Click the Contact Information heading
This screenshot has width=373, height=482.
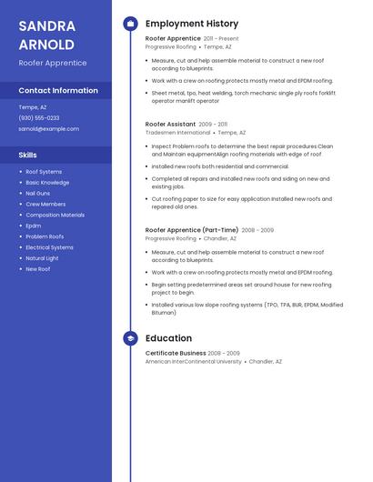[x=58, y=90]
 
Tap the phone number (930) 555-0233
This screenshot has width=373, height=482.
[x=39, y=117]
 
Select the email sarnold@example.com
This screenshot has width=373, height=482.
[x=48, y=128]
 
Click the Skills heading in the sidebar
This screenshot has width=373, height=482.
[x=28, y=155]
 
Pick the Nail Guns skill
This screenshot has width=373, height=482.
[x=37, y=193]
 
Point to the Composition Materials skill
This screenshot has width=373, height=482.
[x=55, y=215]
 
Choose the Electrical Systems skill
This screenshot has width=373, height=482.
[x=49, y=247]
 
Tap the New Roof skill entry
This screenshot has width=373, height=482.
[x=37, y=269]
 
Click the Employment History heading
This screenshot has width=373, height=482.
[x=192, y=24]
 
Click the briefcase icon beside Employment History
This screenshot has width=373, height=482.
[x=130, y=24]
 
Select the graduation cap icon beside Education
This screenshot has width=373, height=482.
[x=130, y=338]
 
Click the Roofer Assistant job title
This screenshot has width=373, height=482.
[x=170, y=124]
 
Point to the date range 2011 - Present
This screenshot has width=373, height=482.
[x=221, y=39]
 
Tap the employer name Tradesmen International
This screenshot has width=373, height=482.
[x=177, y=132]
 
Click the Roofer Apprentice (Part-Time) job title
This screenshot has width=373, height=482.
[x=192, y=230]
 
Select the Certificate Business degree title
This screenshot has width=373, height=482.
[x=176, y=353]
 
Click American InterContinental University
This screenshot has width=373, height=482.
[x=194, y=361]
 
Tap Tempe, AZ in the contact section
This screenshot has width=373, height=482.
[x=33, y=106]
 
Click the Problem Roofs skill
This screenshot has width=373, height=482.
[x=45, y=236]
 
